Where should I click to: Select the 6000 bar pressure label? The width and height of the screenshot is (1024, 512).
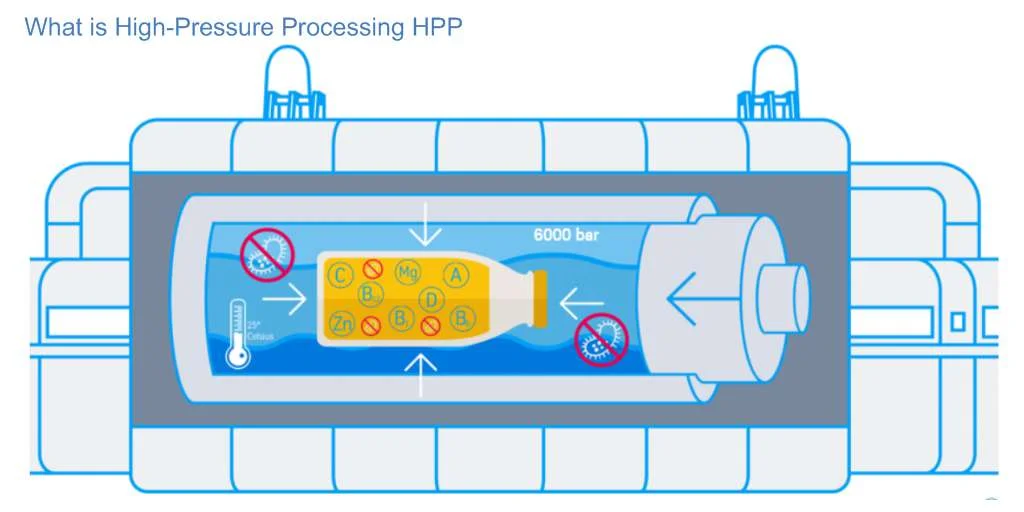coord(566,237)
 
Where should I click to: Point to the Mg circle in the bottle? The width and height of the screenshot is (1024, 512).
coord(407,272)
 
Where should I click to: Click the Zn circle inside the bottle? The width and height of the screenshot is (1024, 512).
coord(341,323)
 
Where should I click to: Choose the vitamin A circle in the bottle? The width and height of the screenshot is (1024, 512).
coord(456,274)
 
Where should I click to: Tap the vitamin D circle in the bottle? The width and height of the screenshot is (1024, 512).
coord(432,299)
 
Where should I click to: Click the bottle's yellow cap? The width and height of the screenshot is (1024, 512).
coord(541,299)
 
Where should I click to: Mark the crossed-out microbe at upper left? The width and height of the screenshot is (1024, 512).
coord(267,254)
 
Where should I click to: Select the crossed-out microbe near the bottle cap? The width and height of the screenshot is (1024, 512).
coord(601,340)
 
